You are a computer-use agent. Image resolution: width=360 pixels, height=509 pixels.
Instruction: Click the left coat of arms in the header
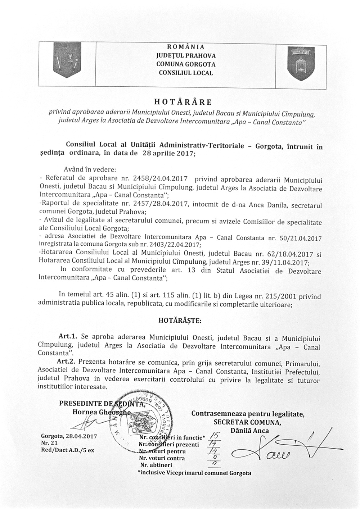tap(67, 60)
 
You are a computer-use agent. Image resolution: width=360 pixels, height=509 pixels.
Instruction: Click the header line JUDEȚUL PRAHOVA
tap(186, 56)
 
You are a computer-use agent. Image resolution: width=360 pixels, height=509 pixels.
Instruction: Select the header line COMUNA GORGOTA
tap(186, 64)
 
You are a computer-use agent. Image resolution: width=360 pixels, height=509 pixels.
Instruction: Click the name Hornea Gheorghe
tap(97, 412)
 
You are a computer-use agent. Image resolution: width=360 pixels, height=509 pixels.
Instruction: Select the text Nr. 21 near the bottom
tap(47, 443)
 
